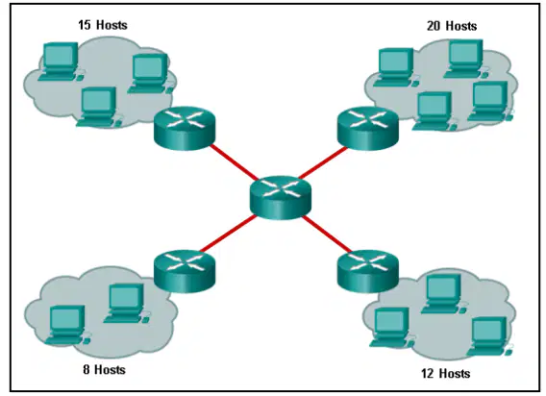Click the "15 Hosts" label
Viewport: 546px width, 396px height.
(103, 25)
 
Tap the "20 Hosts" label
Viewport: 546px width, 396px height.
(452, 26)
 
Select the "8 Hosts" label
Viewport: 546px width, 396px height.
(104, 369)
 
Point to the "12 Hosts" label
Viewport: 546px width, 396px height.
(445, 373)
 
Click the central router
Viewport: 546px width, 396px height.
(281, 197)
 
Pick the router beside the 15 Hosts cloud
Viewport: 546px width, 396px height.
(185, 129)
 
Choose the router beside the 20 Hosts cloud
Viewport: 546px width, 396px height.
(368, 129)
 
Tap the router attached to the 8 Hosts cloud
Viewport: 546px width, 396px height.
(185, 272)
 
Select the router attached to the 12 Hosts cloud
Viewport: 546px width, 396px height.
(368, 272)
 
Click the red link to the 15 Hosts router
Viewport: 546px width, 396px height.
(234, 162)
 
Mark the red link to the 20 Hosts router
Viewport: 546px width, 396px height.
(322, 162)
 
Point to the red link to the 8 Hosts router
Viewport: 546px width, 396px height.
(228, 233)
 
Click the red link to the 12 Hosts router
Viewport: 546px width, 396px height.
(328, 234)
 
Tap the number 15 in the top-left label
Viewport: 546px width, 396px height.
(85, 25)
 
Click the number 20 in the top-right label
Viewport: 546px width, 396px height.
(434, 26)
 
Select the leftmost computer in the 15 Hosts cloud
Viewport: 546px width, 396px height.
(61, 62)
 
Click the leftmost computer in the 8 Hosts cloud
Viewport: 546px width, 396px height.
(67, 325)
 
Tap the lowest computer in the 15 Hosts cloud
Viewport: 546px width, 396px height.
(99, 107)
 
